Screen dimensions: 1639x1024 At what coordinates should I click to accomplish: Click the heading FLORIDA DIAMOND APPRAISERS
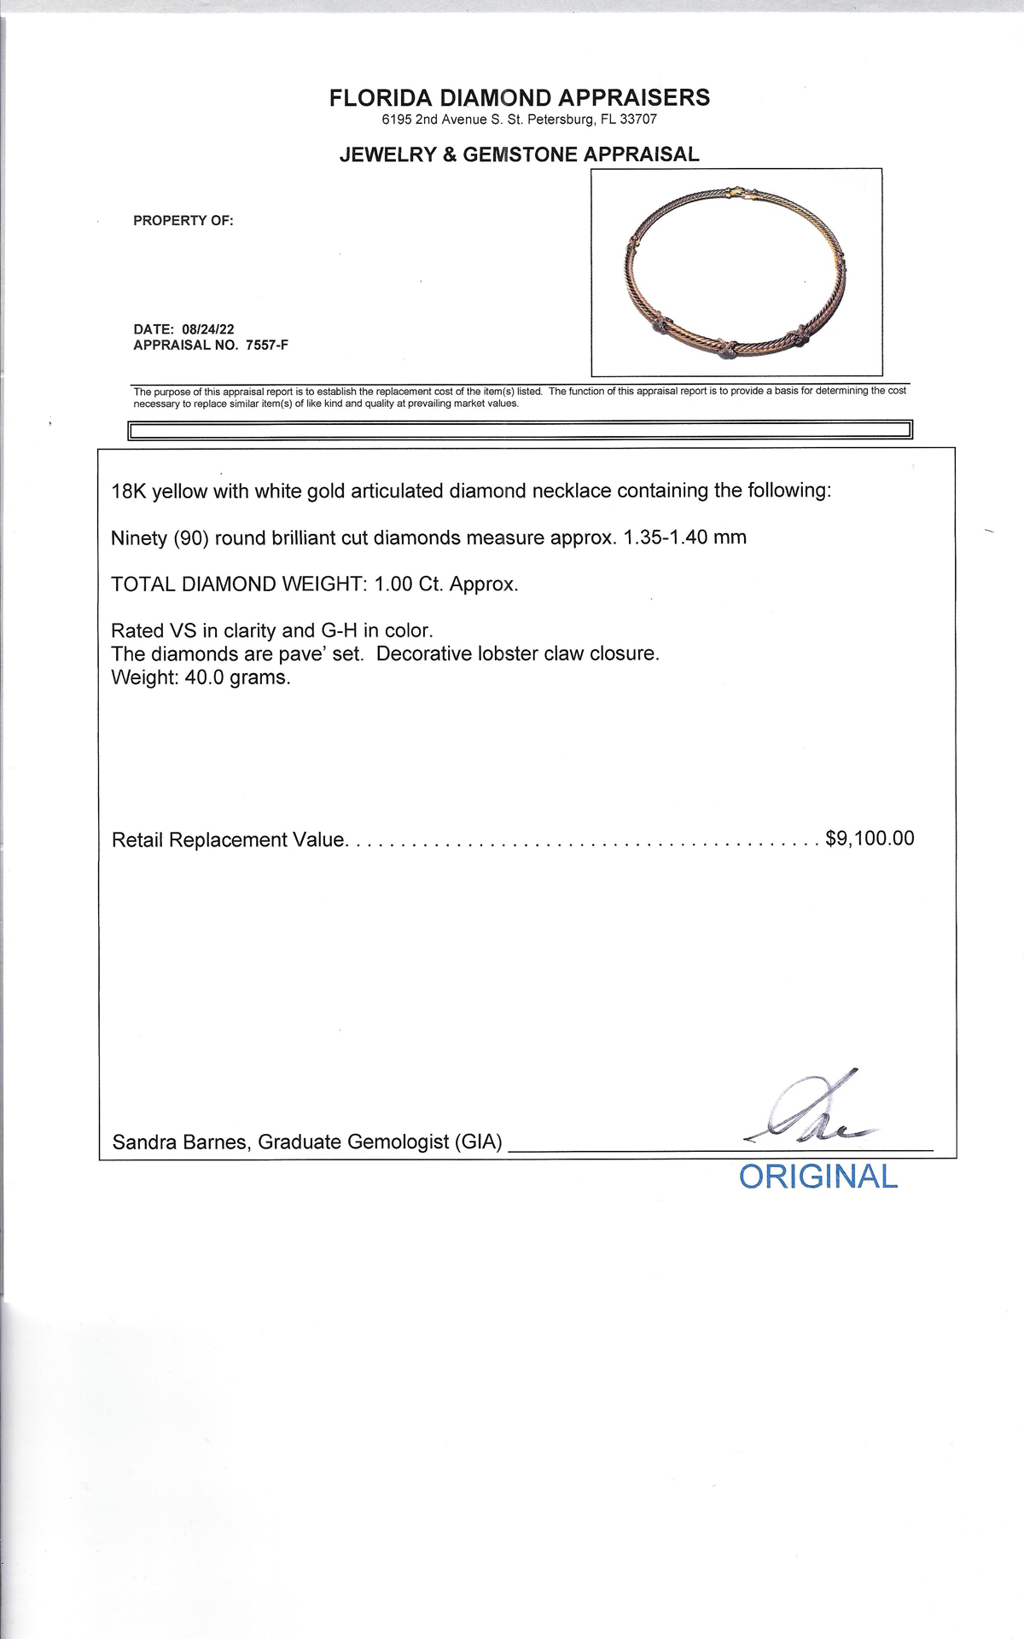pos(519,98)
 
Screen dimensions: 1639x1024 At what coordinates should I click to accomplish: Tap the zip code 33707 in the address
pos(639,120)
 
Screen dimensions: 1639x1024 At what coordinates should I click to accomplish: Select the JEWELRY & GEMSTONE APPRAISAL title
pos(519,154)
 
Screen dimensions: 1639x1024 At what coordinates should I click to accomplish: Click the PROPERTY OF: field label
pos(183,221)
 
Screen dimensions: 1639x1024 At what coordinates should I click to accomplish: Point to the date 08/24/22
pos(209,329)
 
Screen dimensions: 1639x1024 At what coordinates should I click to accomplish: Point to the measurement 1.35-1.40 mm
pos(685,538)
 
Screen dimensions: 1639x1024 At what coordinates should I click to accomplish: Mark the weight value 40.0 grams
pos(237,678)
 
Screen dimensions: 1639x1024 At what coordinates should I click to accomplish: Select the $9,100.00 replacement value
pos(870,839)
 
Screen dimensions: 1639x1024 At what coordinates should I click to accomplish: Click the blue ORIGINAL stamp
pos(817,1177)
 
